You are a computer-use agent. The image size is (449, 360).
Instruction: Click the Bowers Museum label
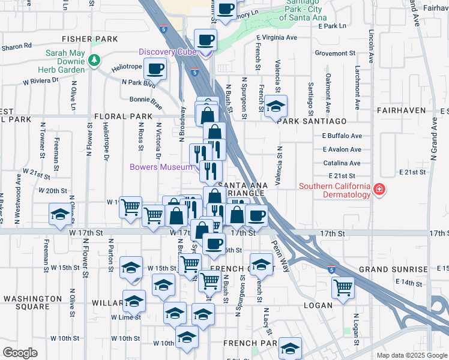[x=161, y=167]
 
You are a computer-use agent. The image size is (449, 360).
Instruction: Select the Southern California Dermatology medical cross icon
[x=379, y=190]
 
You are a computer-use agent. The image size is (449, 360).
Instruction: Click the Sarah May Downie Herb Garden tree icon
[x=94, y=61]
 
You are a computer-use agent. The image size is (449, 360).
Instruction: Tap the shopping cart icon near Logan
[x=343, y=287]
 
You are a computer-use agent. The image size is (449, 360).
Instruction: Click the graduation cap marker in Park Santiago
[x=276, y=106]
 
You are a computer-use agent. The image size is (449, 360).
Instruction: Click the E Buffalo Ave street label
[x=342, y=136]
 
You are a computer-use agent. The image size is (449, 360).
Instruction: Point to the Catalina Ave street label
[x=342, y=163]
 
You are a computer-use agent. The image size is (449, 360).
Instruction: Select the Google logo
[x=20, y=353]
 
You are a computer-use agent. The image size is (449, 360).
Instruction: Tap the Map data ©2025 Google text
[x=411, y=355]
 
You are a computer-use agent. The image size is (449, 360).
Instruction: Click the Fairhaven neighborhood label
[x=401, y=110]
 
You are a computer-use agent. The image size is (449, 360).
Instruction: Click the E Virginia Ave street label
[x=277, y=37]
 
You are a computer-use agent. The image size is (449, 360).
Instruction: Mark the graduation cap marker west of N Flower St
[x=59, y=215]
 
